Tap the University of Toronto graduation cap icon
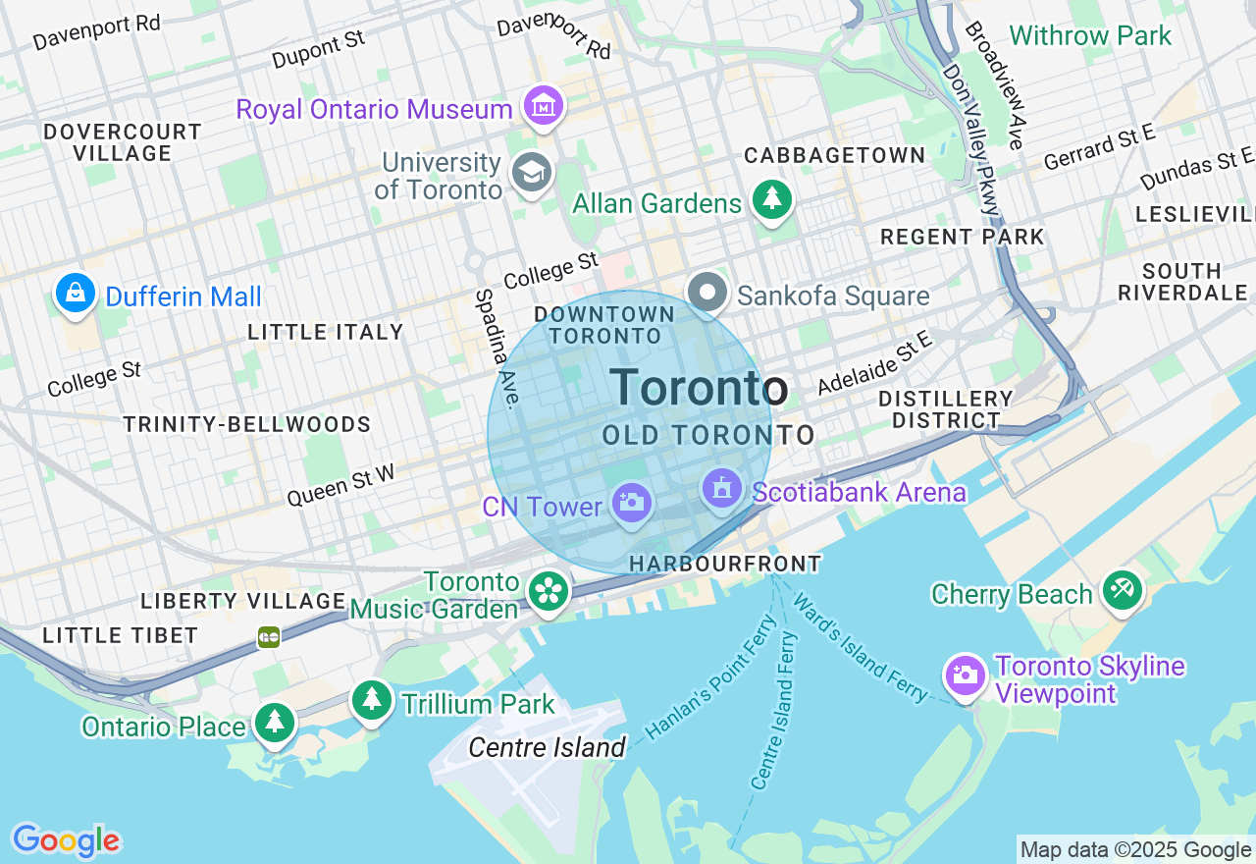click(x=532, y=173)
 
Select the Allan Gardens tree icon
click(x=772, y=199)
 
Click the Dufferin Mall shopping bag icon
click(x=76, y=293)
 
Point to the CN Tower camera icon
click(x=631, y=503)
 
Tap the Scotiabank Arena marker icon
click(x=721, y=488)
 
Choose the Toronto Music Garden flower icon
click(x=549, y=591)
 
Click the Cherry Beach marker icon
click(x=1122, y=590)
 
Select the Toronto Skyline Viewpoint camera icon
click(x=966, y=675)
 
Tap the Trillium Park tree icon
click(x=372, y=700)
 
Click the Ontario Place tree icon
click(x=275, y=723)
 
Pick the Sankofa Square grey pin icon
click(x=707, y=292)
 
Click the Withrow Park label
click(x=1090, y=36)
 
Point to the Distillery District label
click(x=945, y=409)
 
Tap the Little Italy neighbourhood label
click(x=326, y=332)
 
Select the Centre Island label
click(x=547, y=747)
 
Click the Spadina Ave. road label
click(x=497, y=349)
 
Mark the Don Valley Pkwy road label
click(x=971, y=137)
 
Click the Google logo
click(x=66, y=841)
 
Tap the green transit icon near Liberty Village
click(x=269, y=637)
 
